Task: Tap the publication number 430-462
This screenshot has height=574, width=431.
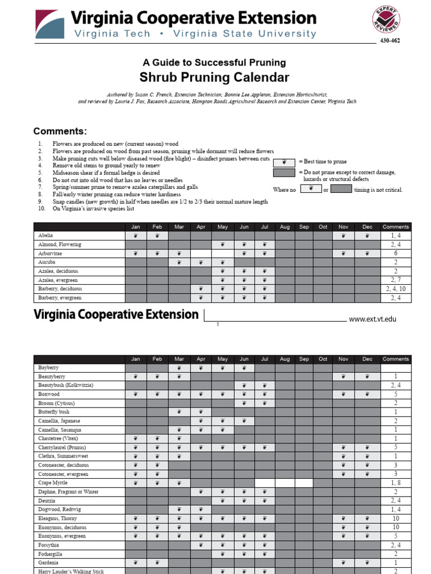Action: coord(390,41)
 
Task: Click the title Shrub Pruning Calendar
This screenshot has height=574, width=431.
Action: coord(214,77)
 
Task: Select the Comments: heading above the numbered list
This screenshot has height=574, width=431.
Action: coord(60,132)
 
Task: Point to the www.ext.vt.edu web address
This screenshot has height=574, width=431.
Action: coord(372,319)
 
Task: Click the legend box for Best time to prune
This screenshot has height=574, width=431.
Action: coord(284,161)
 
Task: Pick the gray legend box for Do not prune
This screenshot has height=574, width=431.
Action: coord(284,173)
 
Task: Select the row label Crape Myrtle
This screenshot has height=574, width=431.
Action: coord(53,483)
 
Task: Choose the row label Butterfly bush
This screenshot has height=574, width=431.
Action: coord(54,412)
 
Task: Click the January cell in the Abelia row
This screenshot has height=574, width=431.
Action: coord(135,236)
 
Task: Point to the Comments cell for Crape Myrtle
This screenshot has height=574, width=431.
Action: coord(396,483)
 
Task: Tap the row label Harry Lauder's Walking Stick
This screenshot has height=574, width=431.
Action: coord(71,571)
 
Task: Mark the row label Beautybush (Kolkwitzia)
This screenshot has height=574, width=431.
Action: coord(66,386)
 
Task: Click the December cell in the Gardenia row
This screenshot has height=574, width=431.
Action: coord(367,562)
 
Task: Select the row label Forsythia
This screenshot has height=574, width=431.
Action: coord(49,545)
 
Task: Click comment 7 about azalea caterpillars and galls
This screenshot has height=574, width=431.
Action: coord(125,187)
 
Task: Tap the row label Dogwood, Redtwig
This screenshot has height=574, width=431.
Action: coord(57,510)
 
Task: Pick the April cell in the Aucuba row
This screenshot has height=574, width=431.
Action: coord(201,262)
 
